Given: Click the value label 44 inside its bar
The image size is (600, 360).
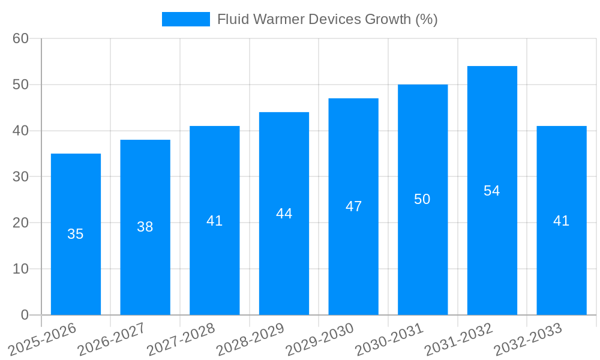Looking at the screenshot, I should pos(284,214).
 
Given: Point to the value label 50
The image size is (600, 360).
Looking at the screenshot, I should pos(422,199).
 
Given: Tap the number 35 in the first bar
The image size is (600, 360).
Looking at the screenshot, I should pos(76,234).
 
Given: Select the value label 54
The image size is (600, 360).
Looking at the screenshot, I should pos(492,191).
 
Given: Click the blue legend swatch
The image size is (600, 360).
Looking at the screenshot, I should pos(186,19).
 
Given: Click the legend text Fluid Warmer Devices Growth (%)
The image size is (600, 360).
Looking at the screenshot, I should pos(327,19).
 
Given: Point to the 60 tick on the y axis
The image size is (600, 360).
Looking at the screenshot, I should pos(21,38).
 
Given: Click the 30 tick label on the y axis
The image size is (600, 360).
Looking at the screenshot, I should pos(21,176).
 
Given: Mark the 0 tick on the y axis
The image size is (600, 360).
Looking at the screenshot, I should pos(25,315).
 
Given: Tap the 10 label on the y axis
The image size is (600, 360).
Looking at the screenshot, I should pos(21,269).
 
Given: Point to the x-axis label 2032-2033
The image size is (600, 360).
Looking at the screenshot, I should pos(529,339).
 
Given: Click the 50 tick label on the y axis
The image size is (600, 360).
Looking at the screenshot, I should pos(21,85).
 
